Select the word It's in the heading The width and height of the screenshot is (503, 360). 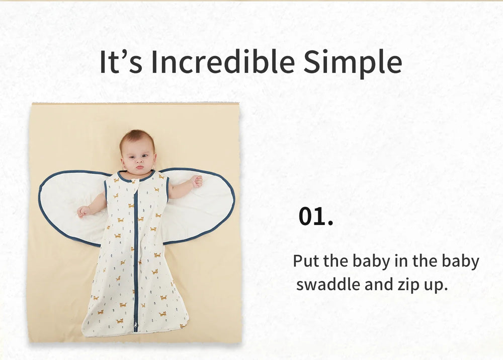[121, 61]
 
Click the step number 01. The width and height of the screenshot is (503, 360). [316, 217]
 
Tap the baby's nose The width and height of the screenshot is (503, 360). [139, 161]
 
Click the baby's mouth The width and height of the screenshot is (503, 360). [140, 167]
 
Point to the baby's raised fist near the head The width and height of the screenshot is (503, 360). [197, 181]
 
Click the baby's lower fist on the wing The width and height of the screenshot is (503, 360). [83, 211]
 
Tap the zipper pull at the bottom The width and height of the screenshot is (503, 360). [136, 327]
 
